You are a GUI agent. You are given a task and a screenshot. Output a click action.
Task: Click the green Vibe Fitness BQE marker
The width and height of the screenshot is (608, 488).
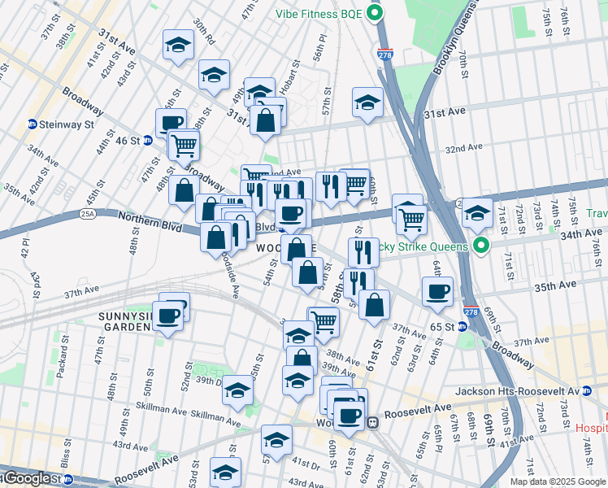coord(374,13)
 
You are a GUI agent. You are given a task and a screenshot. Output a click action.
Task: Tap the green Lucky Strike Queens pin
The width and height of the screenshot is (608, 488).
coord(481,245)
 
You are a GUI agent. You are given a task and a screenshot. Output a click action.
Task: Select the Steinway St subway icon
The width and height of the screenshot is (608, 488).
coord(32,124)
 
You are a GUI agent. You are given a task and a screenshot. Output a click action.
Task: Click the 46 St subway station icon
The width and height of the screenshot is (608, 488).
coord(148,140)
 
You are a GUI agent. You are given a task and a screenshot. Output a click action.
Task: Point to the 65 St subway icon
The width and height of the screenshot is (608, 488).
coord(462,326)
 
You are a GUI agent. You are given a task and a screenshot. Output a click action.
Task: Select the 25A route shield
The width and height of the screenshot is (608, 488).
coord(88,214)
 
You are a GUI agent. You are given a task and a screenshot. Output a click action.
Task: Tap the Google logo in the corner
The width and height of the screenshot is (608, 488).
coord(26,478)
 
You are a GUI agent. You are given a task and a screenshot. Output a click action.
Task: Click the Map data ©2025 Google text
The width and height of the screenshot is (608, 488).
coord(558,481)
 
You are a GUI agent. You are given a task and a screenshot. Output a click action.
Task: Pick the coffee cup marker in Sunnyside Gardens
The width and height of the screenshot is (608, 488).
coord(169,316)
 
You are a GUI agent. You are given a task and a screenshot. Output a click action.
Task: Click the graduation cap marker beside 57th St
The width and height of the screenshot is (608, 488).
coord(367,102)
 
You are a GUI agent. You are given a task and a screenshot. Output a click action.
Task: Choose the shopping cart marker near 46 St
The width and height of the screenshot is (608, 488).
coord(185,146)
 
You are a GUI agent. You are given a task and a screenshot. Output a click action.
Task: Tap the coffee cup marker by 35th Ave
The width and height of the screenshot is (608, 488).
coord(437,292)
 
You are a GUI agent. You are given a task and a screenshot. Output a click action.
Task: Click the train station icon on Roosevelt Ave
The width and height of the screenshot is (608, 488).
coord(373,422)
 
